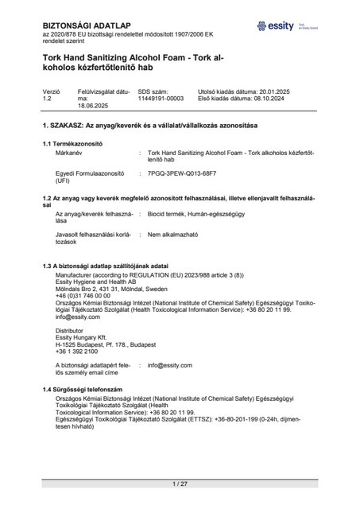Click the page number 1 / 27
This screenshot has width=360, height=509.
click(179, 483)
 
